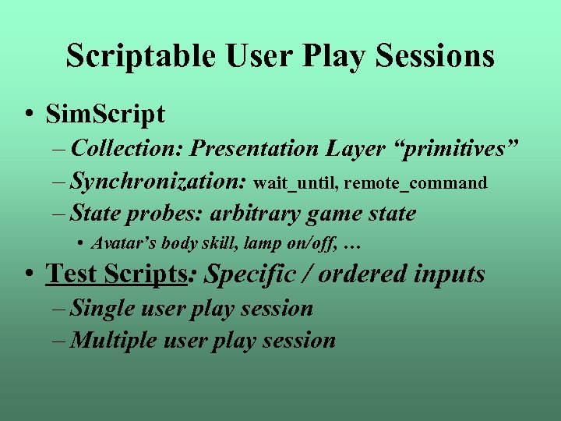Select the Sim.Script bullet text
(105, 114)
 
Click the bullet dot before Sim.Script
(28, 115)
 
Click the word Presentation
(255, 148)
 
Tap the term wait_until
(295, 183)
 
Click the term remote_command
(415, 183)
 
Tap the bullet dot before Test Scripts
(28, 274)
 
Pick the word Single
(99, 309)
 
